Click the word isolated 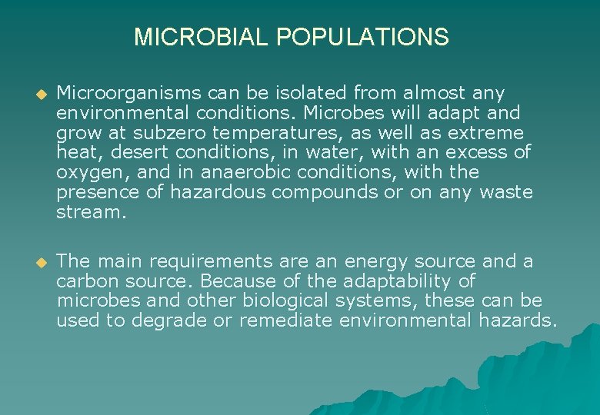tap(311, 94)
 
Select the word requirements tap(218, 261)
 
